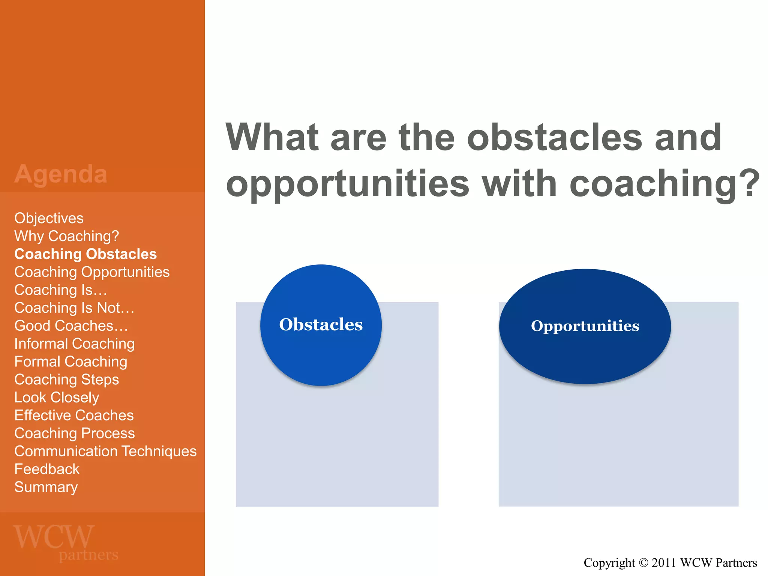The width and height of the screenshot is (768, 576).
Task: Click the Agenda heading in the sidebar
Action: [x=61, y=174]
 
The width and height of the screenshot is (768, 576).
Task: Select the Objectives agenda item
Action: [x=49, y=218]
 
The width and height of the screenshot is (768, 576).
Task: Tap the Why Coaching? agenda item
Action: [x=67, y=236]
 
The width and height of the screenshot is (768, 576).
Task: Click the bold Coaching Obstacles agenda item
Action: [x=85, y=254]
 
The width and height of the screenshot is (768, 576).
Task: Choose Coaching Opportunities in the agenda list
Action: [x=92, y=272]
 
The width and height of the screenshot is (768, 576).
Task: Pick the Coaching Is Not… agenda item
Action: [x=74, y=308]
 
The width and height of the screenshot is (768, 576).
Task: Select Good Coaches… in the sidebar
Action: [x=71, y=326]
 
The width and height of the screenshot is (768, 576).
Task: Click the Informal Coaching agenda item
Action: [x=74, y=344]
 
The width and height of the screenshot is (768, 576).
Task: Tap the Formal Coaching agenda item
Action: [x=70, y=362]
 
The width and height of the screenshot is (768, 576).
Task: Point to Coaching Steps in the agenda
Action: [x=66, y=379]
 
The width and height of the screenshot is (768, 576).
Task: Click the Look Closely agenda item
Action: [x=57, y=397]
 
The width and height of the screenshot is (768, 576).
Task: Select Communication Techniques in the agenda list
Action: [x=105, y=451]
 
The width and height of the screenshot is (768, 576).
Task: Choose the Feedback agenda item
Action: [x=47, y=469]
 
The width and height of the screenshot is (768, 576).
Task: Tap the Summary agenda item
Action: [x=46, y=487]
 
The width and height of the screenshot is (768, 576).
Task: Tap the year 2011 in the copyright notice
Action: [x=663, y=563]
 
